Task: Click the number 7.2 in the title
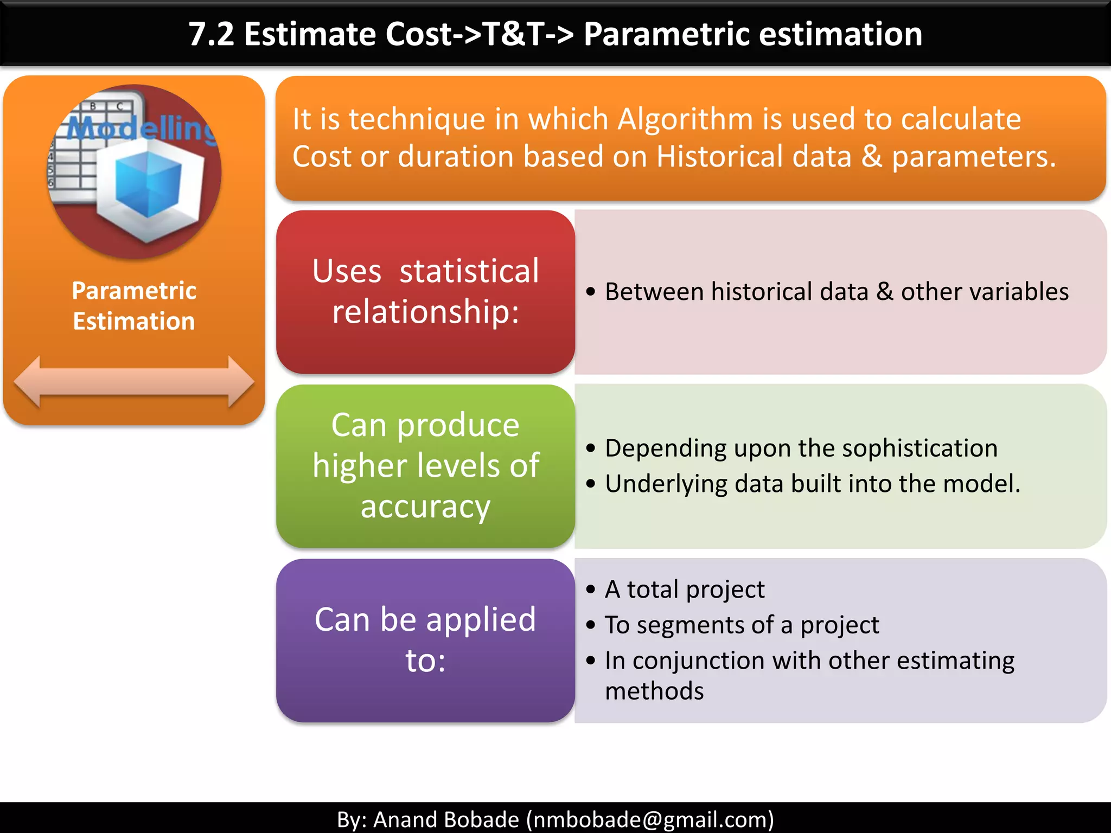point(212,35)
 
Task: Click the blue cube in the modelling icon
point(148,184)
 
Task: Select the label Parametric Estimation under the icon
point(134,306)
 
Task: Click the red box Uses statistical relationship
point(425,292)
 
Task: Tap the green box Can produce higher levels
point(425,465)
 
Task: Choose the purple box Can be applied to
point(425,640)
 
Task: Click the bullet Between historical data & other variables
point(835,292)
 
